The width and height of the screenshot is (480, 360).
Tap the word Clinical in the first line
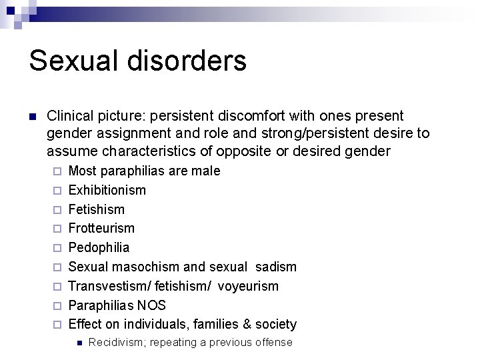tap(71, 115)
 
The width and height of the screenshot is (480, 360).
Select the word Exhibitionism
tap(107, 190)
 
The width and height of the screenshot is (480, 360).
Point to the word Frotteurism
tap(101, 228)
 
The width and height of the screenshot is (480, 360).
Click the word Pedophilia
tap(99, 247)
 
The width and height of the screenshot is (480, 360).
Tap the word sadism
tap(276, 267)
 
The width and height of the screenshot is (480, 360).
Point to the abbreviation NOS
tap(153, 305)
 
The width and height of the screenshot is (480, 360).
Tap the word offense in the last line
tap(273, 343)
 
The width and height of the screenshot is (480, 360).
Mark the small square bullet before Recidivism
tap(79, 343)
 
